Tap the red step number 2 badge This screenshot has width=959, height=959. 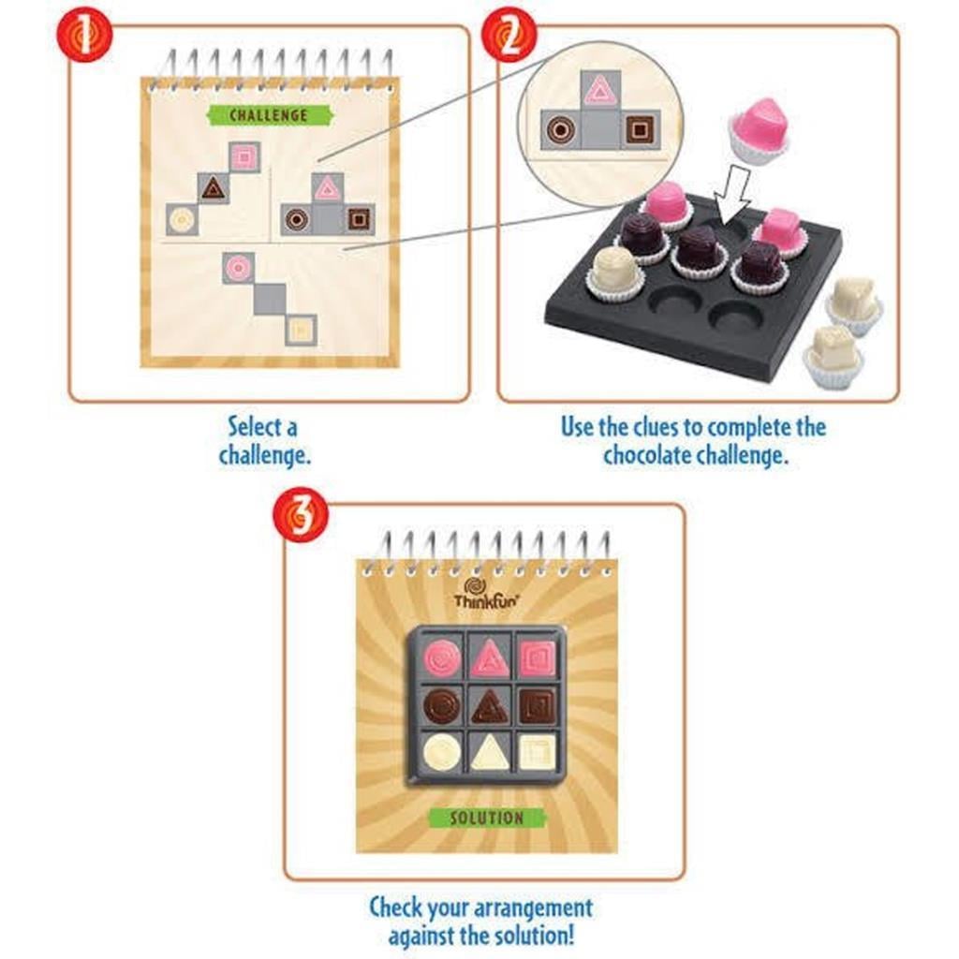509,36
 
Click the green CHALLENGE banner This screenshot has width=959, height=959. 270,115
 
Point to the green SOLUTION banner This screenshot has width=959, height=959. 487,818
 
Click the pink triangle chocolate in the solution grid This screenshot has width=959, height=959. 488,658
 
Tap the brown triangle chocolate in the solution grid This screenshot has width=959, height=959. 488,706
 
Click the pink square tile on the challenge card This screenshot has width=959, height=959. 243,157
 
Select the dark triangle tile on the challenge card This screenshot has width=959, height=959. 213,188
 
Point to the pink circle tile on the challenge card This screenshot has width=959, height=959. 238,269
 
